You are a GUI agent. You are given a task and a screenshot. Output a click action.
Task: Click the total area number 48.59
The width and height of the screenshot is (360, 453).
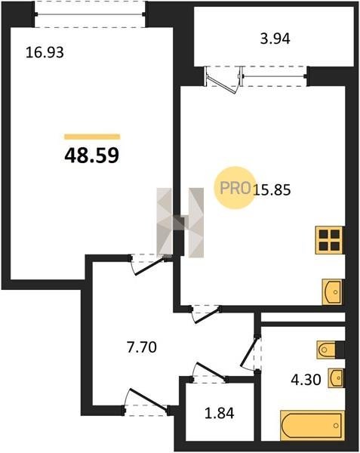tap(92, 156)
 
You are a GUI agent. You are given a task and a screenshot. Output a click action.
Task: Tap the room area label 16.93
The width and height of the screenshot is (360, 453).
tap(45, 53)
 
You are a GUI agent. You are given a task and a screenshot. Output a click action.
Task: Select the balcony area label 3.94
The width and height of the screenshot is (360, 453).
tap(275, 39)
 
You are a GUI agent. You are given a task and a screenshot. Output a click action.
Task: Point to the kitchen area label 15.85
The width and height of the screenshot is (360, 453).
tap(272, 190)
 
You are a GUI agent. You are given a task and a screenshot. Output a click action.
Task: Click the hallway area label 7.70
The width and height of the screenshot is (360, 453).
tap(142, 347)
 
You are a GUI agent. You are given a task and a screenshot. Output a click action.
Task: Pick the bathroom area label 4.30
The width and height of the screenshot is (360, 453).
tap(306, 380)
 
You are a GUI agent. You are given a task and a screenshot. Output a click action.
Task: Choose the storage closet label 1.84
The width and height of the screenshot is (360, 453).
tap(220, 413)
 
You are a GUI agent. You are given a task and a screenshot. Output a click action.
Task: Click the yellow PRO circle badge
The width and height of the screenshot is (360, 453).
tap(234, 188)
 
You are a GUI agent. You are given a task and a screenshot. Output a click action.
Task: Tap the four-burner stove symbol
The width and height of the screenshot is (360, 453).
tap(329, 240)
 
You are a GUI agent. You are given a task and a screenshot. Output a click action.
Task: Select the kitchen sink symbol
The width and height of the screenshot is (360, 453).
tap(332, 291)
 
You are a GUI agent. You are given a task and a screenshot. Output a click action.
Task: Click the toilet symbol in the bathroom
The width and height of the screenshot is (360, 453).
tap(326, 350)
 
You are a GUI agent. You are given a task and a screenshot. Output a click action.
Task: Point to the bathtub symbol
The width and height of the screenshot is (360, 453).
tap(312, 426)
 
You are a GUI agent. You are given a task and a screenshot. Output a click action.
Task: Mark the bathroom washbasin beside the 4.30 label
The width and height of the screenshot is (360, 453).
tap(336, 378)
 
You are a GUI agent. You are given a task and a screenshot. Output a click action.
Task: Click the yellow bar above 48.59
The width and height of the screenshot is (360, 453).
tap(92, 137)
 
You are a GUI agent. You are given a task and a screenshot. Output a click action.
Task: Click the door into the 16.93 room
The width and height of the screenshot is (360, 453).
tap(149, 265)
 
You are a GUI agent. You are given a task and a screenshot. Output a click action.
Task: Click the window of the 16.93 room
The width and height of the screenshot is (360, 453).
tap(90, 14)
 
